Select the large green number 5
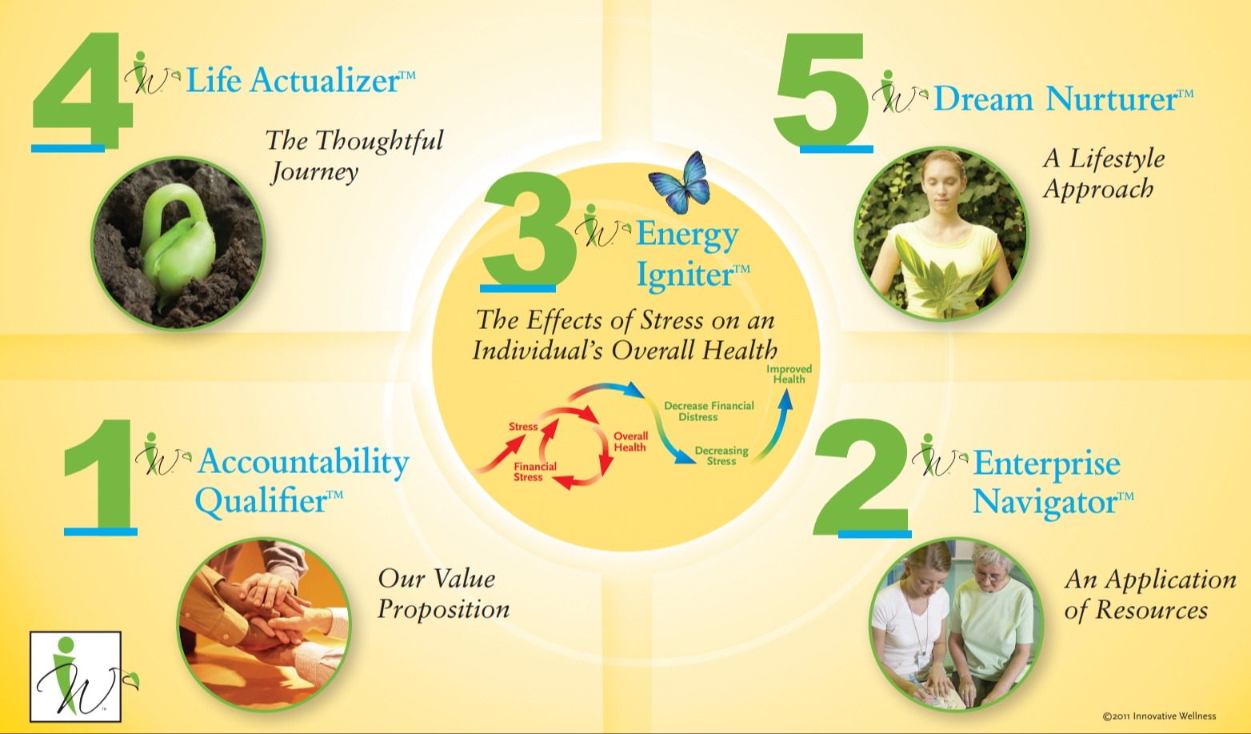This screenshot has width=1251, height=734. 821,90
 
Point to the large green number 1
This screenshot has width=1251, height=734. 102,475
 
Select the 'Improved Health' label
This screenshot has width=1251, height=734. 789,374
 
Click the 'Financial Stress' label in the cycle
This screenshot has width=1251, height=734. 534,471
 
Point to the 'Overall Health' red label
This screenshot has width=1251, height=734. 630,442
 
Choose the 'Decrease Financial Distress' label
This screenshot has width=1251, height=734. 709,411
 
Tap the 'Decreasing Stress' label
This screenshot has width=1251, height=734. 721,455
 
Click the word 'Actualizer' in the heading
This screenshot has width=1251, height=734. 325,81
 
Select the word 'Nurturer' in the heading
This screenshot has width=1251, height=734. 1111,99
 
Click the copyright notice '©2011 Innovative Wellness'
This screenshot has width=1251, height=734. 1159,716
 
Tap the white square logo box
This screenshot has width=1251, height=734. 75,676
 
